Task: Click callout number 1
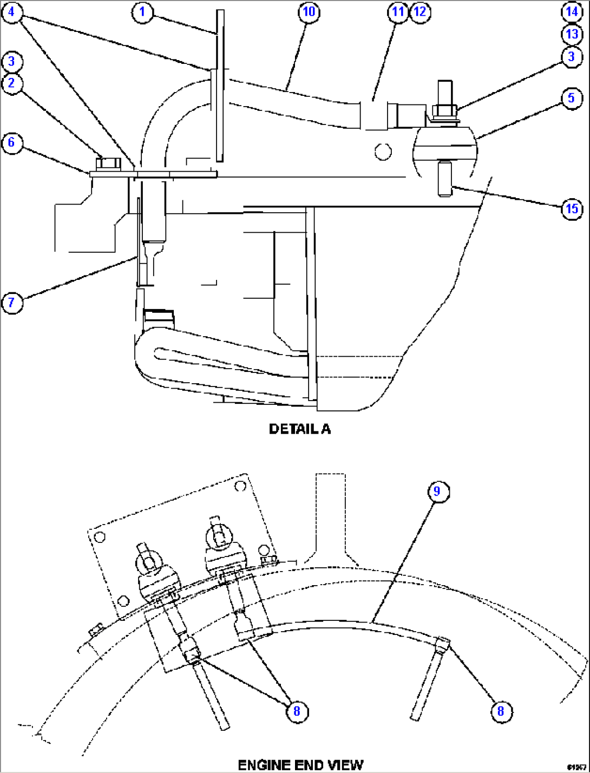point(142,12)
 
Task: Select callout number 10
point(309,12)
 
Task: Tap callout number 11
point(398,12)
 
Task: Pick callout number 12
point(420,12)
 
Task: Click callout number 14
point(572,11)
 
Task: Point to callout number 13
point(572,34)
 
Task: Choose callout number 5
point(572,99)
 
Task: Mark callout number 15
point(572,208)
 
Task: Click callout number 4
point(12,12)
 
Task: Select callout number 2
point(12,84)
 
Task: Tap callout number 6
point(12,143)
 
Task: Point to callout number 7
point(12,302)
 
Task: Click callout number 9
point(437,492)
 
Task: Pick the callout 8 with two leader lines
point(297,711)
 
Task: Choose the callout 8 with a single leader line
point(501,711)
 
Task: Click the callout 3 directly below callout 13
point(572,57)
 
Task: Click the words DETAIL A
point(300,429)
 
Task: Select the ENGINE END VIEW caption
point(301,765)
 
